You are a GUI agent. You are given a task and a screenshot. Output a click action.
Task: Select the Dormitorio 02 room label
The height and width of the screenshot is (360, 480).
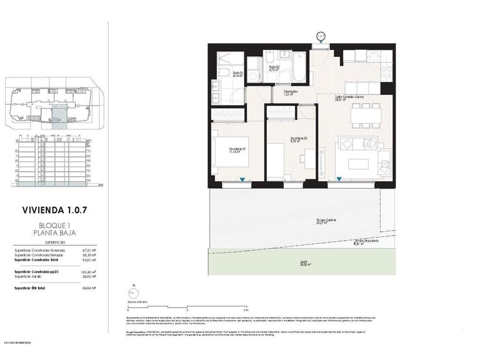[x=298, y=139]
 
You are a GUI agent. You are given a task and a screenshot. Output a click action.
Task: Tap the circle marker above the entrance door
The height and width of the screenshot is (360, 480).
[x=320, y=36]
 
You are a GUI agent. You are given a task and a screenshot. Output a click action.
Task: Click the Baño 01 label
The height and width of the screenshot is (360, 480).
[x=238, y=74]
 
